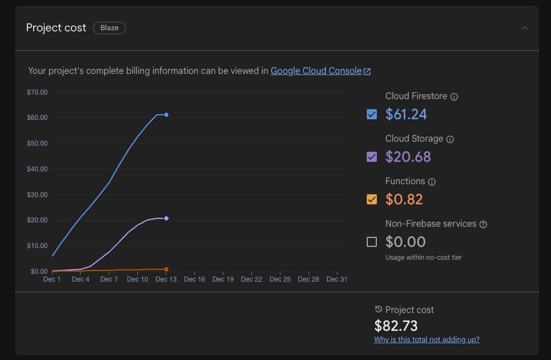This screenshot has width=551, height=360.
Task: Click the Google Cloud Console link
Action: [x=316, y=71]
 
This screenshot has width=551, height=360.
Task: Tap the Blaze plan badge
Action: [x=109, y=28]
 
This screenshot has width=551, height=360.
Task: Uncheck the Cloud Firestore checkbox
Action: [x=372, y=114]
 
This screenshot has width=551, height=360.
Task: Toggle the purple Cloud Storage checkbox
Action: [x=372, y=157]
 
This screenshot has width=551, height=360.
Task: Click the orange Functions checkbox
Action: [x=372, y=199]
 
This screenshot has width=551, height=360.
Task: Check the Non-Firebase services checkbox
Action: [x=372, y=242]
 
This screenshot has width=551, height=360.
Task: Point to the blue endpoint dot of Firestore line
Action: [x=166, y=115]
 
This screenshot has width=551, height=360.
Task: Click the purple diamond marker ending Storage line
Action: [x=166, y=218]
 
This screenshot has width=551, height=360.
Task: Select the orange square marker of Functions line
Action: [x=166, y=269]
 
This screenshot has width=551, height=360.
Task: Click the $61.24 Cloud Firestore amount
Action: [x=406, y=114]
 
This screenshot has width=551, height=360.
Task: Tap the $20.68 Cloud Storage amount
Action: [x=408, y=157]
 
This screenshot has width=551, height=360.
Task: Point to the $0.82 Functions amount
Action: [x=404, y=199]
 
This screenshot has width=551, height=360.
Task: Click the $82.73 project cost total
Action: [x=396, y=325]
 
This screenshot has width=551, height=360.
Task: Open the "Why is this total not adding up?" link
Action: [x=427, y=339]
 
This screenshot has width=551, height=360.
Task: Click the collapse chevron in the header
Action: [x=524, y=28]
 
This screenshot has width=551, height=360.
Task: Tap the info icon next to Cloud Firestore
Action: [x=454, y=97]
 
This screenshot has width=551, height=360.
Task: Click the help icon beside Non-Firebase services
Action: [x=483, y=225]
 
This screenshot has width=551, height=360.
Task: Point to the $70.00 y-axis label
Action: [x=38, y=92]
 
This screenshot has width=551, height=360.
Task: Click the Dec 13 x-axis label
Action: [x=166, y=279]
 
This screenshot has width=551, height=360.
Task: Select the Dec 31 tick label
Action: [x=337, y=279]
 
